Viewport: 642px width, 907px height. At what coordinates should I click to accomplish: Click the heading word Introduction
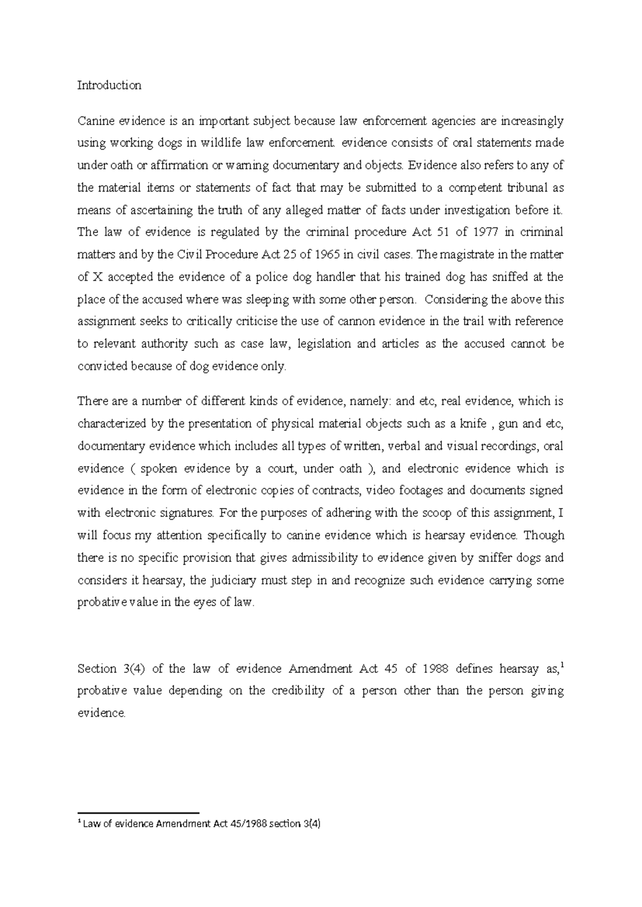[x=109, y=86]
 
